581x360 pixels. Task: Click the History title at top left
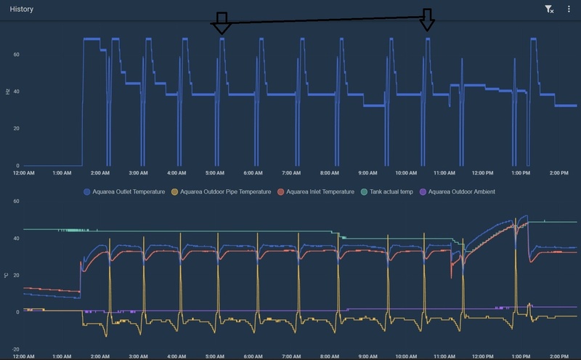click(x=21, y=9)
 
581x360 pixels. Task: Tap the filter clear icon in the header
click(x=550, y=9)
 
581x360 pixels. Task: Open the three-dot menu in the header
click(x=569, y=9)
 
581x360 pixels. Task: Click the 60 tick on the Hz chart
click(x=15, y=55)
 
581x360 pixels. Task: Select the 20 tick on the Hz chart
click(x=15, y=129)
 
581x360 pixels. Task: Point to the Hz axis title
click(x=7, y=92)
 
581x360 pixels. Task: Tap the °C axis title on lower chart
click(x=7, y=275)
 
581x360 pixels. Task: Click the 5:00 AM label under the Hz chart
click(x=215, y=173)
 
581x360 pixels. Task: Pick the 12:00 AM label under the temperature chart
click(x=24, y=356)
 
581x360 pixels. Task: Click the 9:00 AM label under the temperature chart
click(x=367, y=356)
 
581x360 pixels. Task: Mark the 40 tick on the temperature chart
click(x=15, y=238)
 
